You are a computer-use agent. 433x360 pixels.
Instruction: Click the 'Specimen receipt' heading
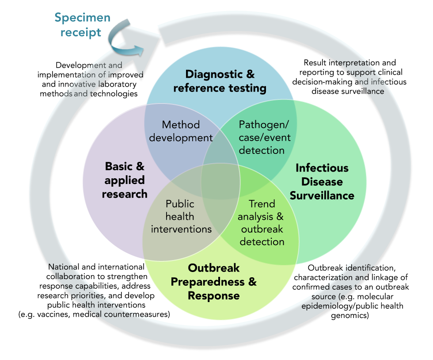point(83,25)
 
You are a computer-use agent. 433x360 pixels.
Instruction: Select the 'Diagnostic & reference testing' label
point(220,81)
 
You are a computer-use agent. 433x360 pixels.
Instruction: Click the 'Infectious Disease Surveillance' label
point(322,181)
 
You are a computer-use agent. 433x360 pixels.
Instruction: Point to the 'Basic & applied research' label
point(125,180)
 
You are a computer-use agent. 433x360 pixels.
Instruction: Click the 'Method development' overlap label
point(181,131)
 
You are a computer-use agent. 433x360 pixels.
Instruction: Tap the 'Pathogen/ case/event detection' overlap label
point(264,138)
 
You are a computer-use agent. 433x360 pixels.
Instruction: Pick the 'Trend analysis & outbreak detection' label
point(262,222)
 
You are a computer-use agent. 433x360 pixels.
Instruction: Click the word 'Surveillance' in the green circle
point(322,195)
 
